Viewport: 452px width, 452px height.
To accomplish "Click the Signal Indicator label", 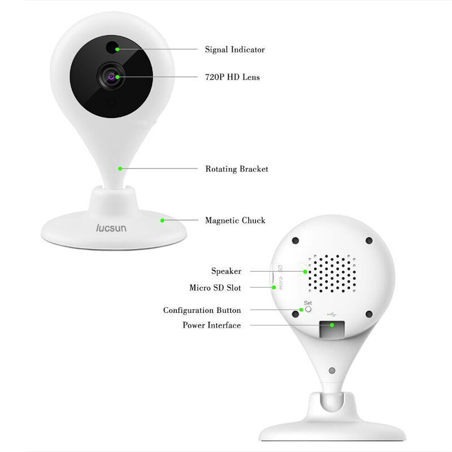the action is (234, 50).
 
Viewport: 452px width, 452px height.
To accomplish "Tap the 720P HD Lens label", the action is (232, 77).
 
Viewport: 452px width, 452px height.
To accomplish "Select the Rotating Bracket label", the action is (237, 169).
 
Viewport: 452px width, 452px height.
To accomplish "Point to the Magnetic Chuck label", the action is (235, 220).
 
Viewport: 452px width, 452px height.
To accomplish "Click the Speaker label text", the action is (227, 271).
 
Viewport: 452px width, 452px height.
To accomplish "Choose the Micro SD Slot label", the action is (215, 288).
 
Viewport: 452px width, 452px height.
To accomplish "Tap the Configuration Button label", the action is (202, 310).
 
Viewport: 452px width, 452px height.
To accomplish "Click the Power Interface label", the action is (211, 325).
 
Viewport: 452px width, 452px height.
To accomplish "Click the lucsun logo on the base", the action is (111, 228).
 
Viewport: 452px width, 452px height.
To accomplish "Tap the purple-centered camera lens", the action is (111, 76).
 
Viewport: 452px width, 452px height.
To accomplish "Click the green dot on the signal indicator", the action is (118, 49).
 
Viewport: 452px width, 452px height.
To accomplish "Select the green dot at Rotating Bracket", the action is (120, 168).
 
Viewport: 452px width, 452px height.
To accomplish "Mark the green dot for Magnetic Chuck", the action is (162, 220).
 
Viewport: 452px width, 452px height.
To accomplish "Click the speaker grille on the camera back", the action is (332, 273).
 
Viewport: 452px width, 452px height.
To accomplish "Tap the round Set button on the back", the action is (308, 309).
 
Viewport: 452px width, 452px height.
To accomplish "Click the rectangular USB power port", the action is (332, 329).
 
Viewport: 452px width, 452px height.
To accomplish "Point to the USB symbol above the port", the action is (332, 314).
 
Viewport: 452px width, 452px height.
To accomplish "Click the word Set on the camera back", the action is (308, 303).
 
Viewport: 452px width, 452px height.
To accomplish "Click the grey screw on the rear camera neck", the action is (332, 371).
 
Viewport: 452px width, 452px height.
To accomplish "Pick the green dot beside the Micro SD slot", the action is (274, 288).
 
